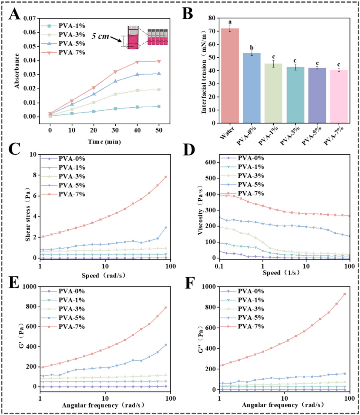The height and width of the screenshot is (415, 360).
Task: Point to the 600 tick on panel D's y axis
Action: [211, 162]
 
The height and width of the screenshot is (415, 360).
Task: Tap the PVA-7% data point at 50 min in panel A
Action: [159, 61]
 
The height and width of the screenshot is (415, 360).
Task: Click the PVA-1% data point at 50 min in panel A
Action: [159, 106]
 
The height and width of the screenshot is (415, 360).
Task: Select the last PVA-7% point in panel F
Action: [345, 294]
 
